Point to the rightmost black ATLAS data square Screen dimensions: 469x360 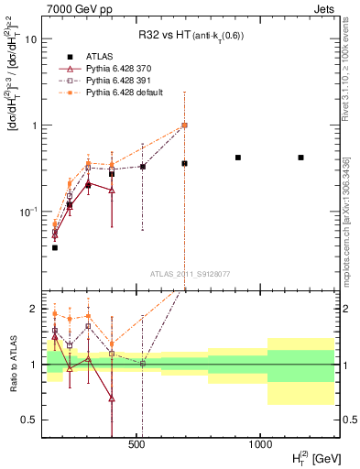point(300,158)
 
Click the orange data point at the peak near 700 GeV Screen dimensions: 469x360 point(184,125)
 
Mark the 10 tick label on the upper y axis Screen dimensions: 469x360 point(32,39)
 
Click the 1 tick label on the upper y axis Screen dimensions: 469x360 point(34,125)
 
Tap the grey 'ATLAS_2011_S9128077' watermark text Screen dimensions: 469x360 point(190,273)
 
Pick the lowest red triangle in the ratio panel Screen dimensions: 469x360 point(112,398)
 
